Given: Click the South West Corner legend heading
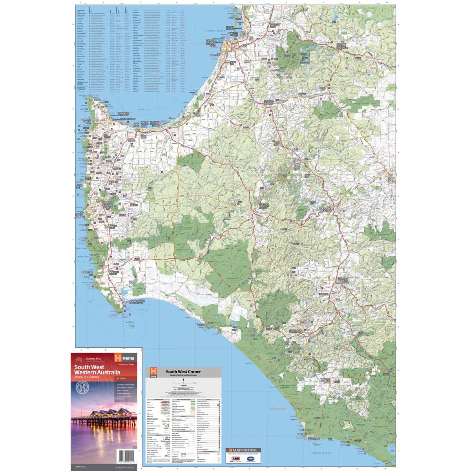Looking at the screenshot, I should pos(183,371).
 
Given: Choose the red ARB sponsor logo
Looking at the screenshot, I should pos(237,458).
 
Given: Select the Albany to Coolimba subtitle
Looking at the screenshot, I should pos(88,377).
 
